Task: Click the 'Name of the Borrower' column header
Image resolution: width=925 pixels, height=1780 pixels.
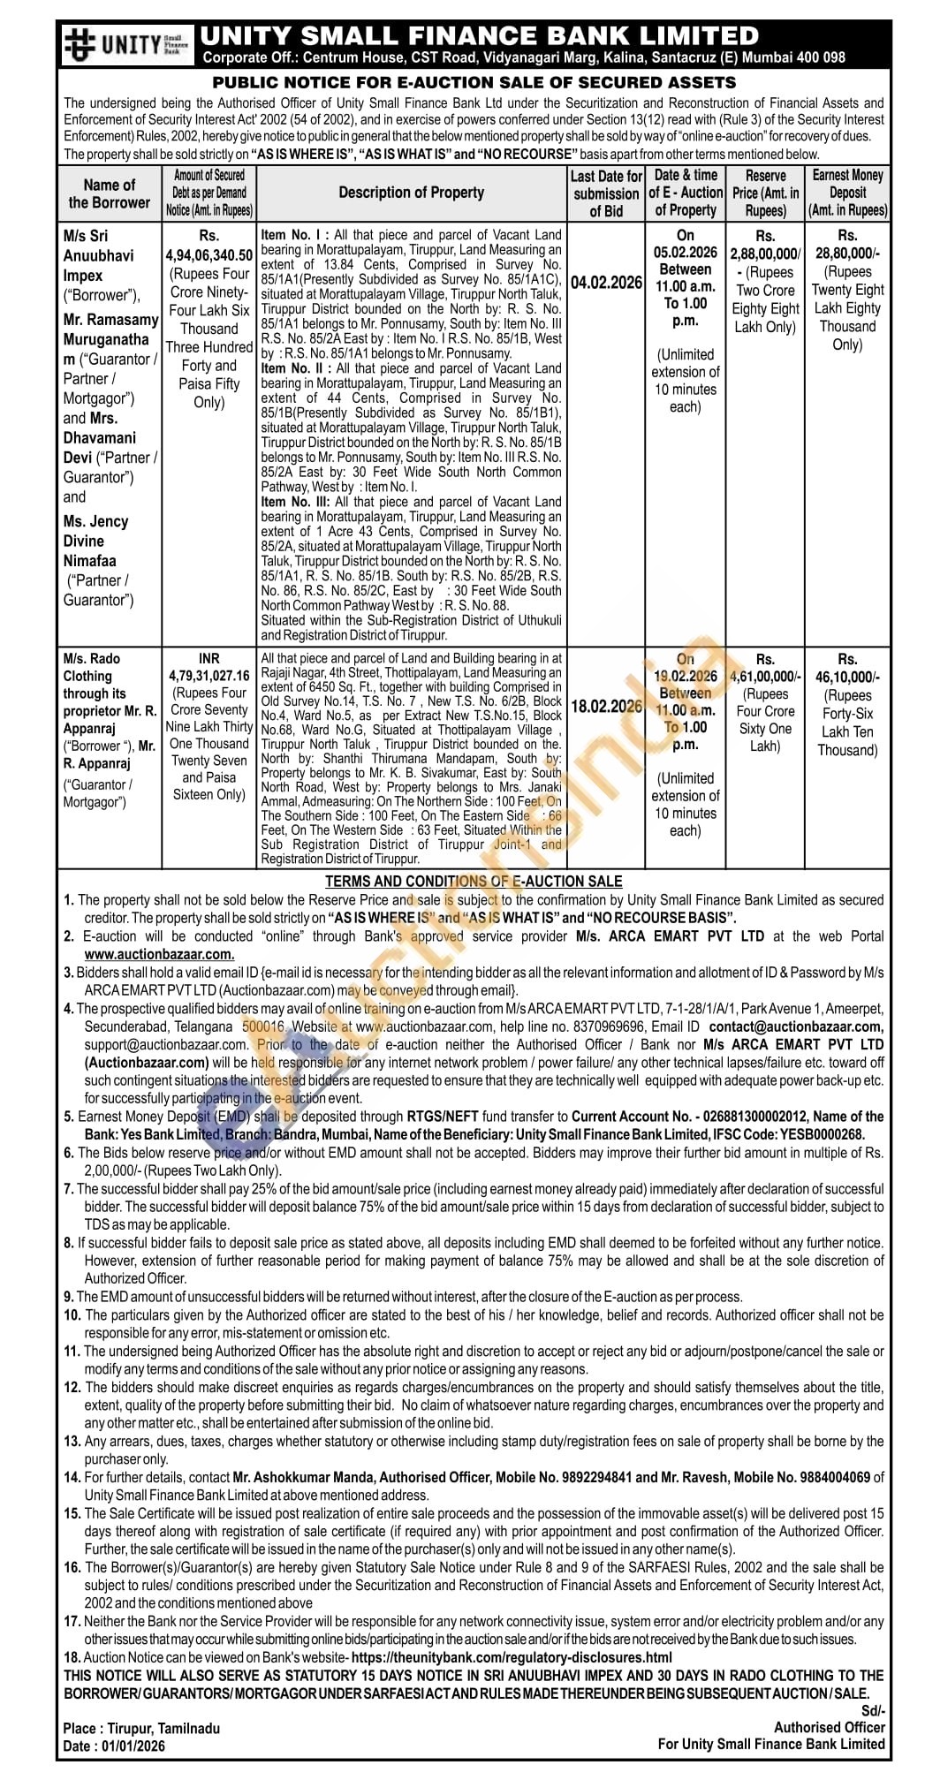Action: click(x=110, y=193)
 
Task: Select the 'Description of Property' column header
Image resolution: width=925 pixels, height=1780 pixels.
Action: click(x=411, y=193)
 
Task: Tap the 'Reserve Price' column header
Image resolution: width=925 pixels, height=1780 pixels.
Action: click(x=765, y=193)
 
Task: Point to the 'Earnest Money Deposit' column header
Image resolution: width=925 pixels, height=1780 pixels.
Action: click(x=847, y=193)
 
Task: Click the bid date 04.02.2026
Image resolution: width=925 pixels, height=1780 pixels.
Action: click(x=606, y=283)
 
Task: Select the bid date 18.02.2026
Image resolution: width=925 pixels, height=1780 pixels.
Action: click(x=606, y=707)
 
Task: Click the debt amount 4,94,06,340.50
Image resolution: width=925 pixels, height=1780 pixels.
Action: click(x=209, y=254)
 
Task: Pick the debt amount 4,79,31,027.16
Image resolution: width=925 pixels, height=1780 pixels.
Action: click(x=209, y=676)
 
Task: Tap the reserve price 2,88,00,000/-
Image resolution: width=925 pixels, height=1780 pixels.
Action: click(x=765, y=254)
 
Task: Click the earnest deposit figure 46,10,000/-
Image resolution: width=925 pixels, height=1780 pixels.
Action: click(x=847, y=678)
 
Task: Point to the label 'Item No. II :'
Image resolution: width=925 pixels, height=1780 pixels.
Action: click(x=295, y=368)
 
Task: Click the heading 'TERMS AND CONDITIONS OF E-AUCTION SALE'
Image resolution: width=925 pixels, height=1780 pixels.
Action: click(x=474, y=881)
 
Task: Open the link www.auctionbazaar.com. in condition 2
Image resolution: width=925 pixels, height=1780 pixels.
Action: click(x=159, y=954)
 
